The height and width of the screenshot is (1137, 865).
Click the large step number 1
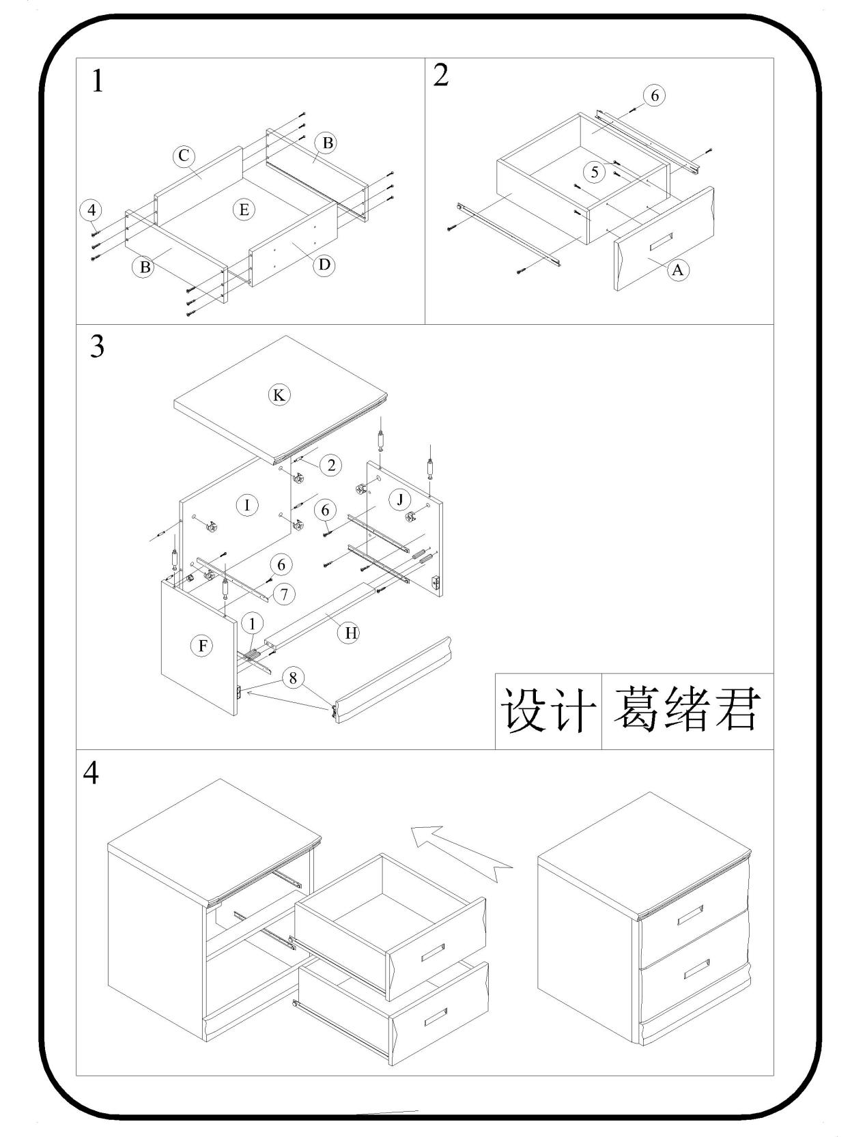(x=98, y=82)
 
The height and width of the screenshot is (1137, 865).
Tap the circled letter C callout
(x=183, y=156)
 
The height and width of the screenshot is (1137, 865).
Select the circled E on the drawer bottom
(x=244, y=210)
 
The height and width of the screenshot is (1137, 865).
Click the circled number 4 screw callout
(x=91, y=210)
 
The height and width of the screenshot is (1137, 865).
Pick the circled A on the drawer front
(x=677, y=270)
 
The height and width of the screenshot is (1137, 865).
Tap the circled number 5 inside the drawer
(x=595, y=172)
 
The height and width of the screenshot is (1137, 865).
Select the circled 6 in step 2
(x=655, y=96)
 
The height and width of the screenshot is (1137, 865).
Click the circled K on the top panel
(x=278, y=394)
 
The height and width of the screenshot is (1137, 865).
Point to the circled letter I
(x=246, y=505)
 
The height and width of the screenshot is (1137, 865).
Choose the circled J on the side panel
(x=399, y=500)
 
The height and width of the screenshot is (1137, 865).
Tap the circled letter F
(x=202, y=646)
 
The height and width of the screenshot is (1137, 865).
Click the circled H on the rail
(x=351, y=633)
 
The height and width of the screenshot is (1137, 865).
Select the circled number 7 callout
(x=284, y=594)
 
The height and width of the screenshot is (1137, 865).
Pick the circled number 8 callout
(x=293, y=678)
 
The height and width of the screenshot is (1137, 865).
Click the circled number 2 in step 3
(x=331, y=465)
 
